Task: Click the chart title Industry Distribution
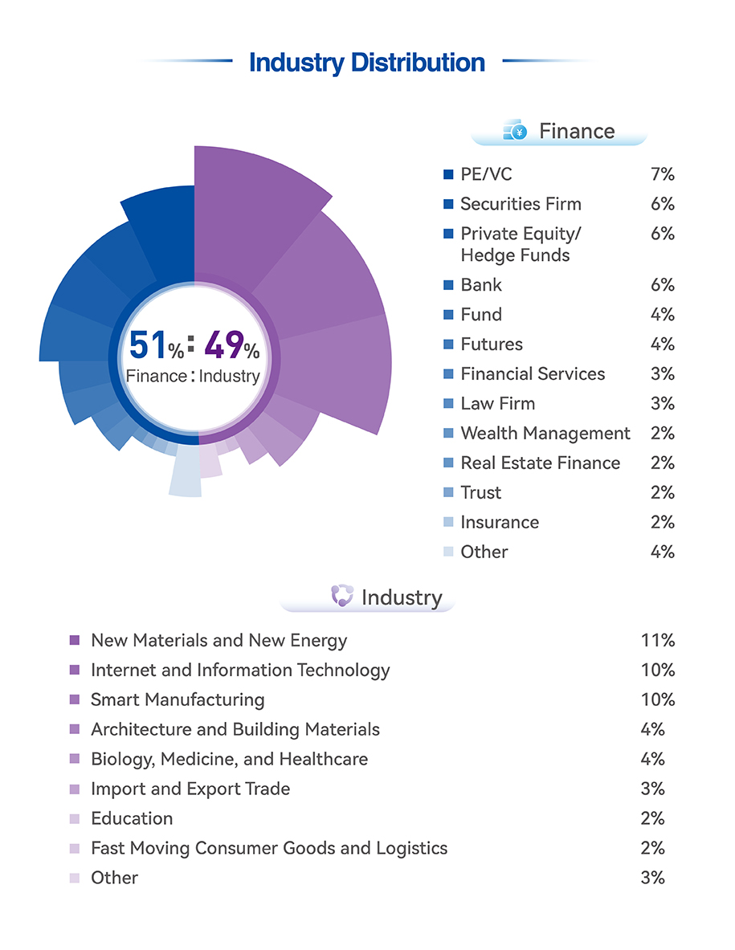(367, 63)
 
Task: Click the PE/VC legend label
(485, 174)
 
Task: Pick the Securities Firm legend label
(521, 204)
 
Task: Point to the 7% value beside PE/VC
(662, 174)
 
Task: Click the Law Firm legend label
(497, 403)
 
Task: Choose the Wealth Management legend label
(545, 433)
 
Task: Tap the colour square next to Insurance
(448, 523)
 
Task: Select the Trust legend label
(480, 492)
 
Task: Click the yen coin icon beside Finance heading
(515, 130)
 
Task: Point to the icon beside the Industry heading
(342, 597)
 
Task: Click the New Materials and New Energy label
(218, 640)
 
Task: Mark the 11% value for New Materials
(658, 640)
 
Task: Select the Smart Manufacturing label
(178, 699)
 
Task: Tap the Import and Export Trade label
(190, 789)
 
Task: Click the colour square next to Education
(75, 819)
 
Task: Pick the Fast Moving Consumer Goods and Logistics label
(269, 848)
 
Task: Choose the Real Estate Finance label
(540, 463)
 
